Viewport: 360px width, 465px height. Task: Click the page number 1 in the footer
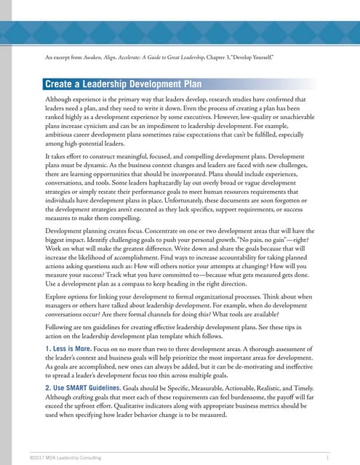tap(329, 457)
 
